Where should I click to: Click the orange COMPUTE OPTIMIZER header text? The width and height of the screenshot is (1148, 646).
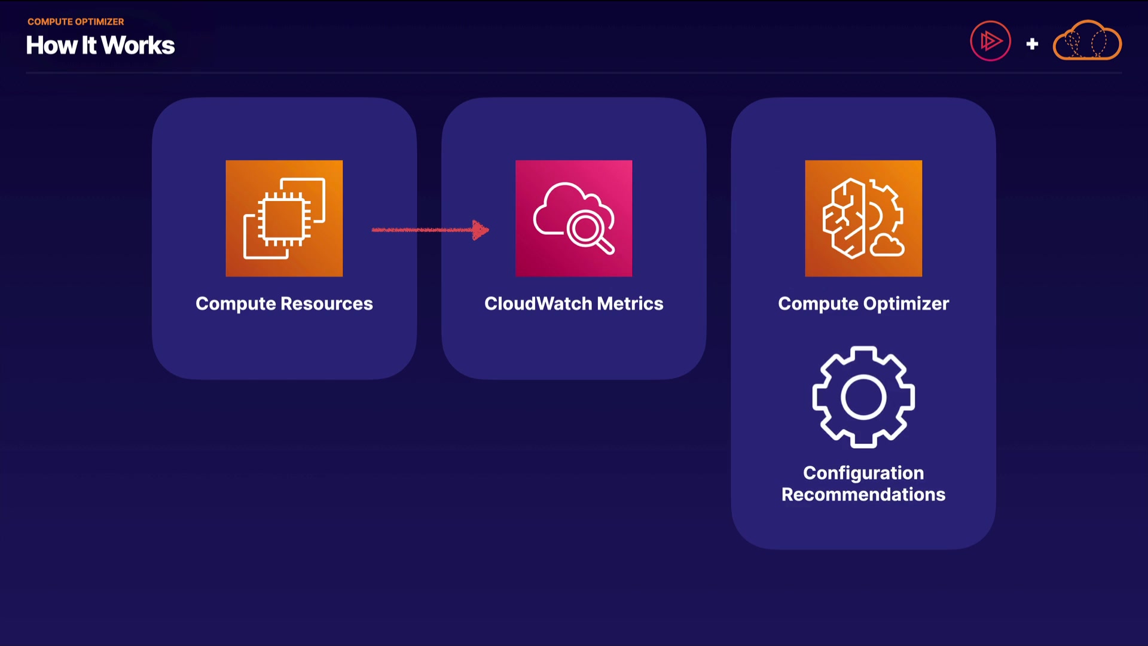(x=75, y=22)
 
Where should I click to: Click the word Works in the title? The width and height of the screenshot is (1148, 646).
(x=138, y=45)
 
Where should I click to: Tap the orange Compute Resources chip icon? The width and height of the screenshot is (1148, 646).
(x=284, y=218)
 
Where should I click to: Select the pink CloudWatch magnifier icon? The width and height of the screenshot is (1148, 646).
(x=573, y=218)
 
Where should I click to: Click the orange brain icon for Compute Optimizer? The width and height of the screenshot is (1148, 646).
(x=863, y=218)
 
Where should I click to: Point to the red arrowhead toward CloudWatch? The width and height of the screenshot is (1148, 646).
(x=480, y=230)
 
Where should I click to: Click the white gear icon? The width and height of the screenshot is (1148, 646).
(x=863, y=397)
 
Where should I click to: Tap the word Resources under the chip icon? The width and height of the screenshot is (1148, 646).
(x=326, y=304)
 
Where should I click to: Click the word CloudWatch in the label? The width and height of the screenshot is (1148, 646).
(x=538, y=304)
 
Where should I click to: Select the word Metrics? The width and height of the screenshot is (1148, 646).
(x=630, y=304)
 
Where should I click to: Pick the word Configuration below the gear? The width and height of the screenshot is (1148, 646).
(x=863, y=473)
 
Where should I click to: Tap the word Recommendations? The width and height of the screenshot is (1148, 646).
(x=863, y=495)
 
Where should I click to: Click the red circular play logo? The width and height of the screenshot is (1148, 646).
(x=990, y=41)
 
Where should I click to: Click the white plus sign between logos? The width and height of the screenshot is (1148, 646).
(x=1032, y=44)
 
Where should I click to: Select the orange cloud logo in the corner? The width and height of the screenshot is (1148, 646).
(x=1087, y=41)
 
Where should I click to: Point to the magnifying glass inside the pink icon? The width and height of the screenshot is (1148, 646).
(x=588, y=230)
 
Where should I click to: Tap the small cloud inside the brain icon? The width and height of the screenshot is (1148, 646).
(x=887, y=245)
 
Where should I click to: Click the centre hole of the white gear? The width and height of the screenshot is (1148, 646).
(x=863, y=397)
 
